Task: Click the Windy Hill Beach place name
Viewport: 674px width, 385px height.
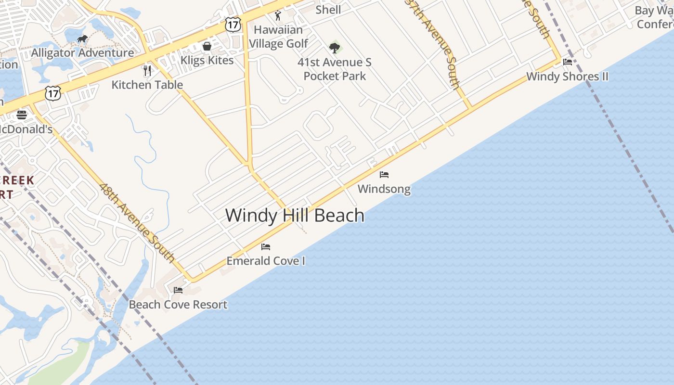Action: click(x=295, y=215)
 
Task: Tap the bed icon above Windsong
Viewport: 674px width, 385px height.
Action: click(x=384, y=175)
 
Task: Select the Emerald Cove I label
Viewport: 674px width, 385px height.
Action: click(x=266, y=261)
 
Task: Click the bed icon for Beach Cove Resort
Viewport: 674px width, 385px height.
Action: click(x=178, y=290)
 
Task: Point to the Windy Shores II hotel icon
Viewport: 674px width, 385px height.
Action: click(x=568, y=62)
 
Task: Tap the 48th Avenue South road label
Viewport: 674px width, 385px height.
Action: click(x=137, y=223)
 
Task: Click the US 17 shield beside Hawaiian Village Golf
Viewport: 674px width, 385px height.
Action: click(x=233, y=25)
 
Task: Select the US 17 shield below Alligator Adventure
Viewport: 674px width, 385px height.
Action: click(x=53, y=93)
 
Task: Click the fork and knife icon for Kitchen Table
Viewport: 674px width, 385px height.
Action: click(x=147, y=71)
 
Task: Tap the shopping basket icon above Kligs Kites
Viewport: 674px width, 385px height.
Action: click(x=207, y=46)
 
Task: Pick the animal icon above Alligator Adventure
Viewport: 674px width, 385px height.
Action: click(x=82, y=38)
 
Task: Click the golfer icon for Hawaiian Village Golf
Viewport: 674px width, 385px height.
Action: click(x=278, y=16)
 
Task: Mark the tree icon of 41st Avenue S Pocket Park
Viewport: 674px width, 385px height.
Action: click(x=334, y=48)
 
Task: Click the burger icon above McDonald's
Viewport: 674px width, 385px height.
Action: click(x=22, y=115)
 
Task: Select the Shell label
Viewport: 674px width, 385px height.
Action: click(x=328, y=10)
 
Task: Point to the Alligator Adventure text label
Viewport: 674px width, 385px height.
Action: click(x=82, y=53)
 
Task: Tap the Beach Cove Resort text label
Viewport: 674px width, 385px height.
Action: click(x=178, y=305)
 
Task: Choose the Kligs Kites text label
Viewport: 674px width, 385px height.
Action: click(x=207, y=60)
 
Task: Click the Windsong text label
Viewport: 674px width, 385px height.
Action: click(x=384, y=189)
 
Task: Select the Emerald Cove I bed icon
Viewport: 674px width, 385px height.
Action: click(x=266, y=247)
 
